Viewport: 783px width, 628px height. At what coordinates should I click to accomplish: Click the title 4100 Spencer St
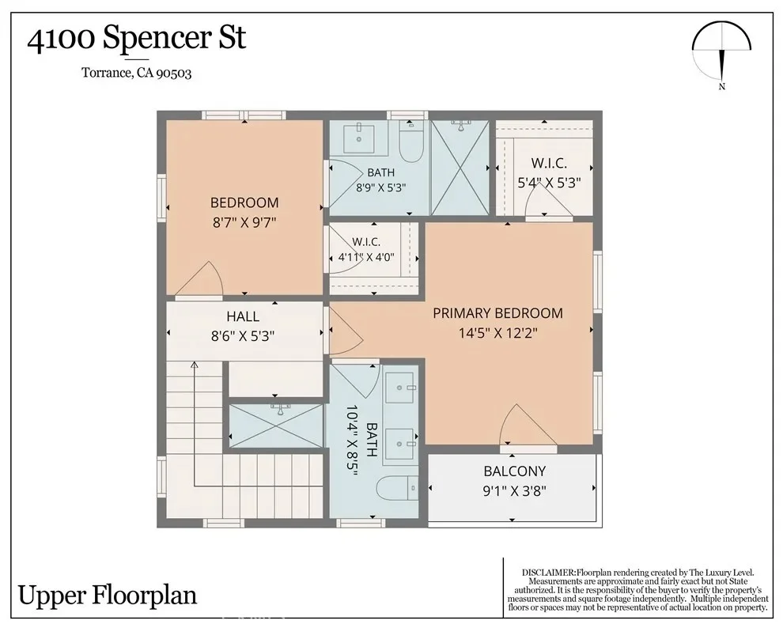(136, 39)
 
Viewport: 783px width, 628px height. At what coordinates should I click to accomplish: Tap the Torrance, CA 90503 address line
(136, 73)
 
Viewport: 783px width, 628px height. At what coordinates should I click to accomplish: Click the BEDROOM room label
(244, 202)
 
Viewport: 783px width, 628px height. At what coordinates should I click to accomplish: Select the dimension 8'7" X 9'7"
(244, 222)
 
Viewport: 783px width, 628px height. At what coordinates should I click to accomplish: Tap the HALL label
(243, 316)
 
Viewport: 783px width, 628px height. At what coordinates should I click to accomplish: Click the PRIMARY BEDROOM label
(497, 313)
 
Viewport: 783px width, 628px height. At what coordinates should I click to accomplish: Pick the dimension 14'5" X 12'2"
(497, 333)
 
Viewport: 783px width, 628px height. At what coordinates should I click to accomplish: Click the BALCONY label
(514, 471)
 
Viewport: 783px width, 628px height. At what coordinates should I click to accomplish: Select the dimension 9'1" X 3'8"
(514, 491)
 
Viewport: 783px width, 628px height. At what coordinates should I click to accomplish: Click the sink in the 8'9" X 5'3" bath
(358, 140)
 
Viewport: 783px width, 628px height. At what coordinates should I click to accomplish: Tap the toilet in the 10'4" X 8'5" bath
(397, 488)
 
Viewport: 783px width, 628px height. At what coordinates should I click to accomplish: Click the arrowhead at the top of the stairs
(195, 365)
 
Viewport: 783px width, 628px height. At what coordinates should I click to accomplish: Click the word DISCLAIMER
(548, 573)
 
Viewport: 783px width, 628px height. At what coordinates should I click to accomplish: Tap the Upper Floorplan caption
(108, 595)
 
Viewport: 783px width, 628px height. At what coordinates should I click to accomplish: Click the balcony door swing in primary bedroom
(528, 424)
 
